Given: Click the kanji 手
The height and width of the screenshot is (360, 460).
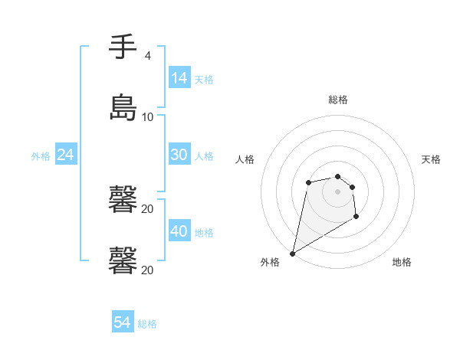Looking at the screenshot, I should pos(123,47).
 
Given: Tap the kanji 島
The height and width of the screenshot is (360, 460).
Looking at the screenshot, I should pos(123,106).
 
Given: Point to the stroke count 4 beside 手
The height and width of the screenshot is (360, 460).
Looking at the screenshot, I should pos(147,55).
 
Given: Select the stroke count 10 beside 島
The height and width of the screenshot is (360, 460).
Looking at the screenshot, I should pos(147,116).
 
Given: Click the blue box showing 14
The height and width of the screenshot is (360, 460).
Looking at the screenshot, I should pos(179,78).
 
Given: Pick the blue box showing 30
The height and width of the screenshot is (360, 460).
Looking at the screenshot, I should pos(179,155).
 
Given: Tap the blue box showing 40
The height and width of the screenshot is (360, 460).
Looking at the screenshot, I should pos(179,231).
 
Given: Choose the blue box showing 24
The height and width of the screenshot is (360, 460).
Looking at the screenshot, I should pos(66,155).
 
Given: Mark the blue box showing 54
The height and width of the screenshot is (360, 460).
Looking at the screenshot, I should pos(123,322).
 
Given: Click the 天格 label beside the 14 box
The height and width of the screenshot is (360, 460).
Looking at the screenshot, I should pos(204,80).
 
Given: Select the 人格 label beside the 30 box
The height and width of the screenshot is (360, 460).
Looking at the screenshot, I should pos(204,156).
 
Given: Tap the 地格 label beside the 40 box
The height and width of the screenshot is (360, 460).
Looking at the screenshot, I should pos(204,232).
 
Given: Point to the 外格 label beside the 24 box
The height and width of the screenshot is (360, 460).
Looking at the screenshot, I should pos(41,156).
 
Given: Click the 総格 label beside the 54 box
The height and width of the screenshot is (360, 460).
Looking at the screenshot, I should pos(147,324).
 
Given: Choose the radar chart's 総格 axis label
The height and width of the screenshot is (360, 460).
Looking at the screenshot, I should pos(337,100).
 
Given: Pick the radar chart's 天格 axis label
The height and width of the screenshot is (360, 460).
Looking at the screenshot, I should pos(431,159).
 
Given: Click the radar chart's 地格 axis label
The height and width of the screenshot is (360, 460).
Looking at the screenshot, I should pos(402,262).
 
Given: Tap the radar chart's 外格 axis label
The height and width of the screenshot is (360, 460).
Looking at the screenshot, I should pos(270,262).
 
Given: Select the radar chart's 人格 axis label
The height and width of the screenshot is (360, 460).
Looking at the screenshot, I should pos(245,159).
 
